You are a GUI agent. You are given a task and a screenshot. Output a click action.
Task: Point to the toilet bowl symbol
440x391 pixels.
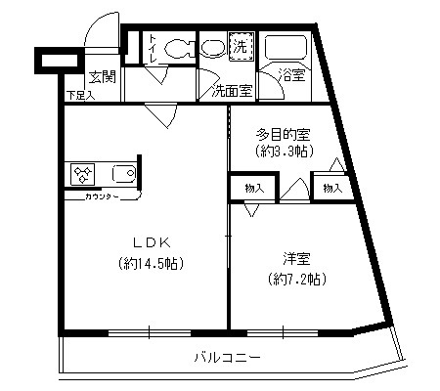pos(176,47)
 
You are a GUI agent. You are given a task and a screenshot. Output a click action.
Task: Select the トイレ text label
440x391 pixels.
pos(154,50)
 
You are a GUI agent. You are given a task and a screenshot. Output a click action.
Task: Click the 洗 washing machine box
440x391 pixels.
pos(241,45)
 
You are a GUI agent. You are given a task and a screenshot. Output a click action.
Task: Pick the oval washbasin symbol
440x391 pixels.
pos(212,46)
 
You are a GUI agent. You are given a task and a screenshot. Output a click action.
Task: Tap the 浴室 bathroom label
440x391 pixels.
pos(289,75)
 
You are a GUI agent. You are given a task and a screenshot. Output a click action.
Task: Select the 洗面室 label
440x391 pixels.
pos(233,91)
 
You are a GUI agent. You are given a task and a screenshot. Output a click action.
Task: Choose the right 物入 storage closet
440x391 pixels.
pos(333,187)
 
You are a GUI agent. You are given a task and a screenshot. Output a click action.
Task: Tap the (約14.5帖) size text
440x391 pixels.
pos(151,263)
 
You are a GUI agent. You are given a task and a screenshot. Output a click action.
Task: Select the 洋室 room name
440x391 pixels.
pos(297,259)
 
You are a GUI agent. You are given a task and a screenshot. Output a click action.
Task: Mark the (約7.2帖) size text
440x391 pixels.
pos(297,279)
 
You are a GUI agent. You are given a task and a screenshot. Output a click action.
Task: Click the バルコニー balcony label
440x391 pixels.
pos(226,358)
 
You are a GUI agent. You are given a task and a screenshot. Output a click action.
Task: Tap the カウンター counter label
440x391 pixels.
pos(101,198)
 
